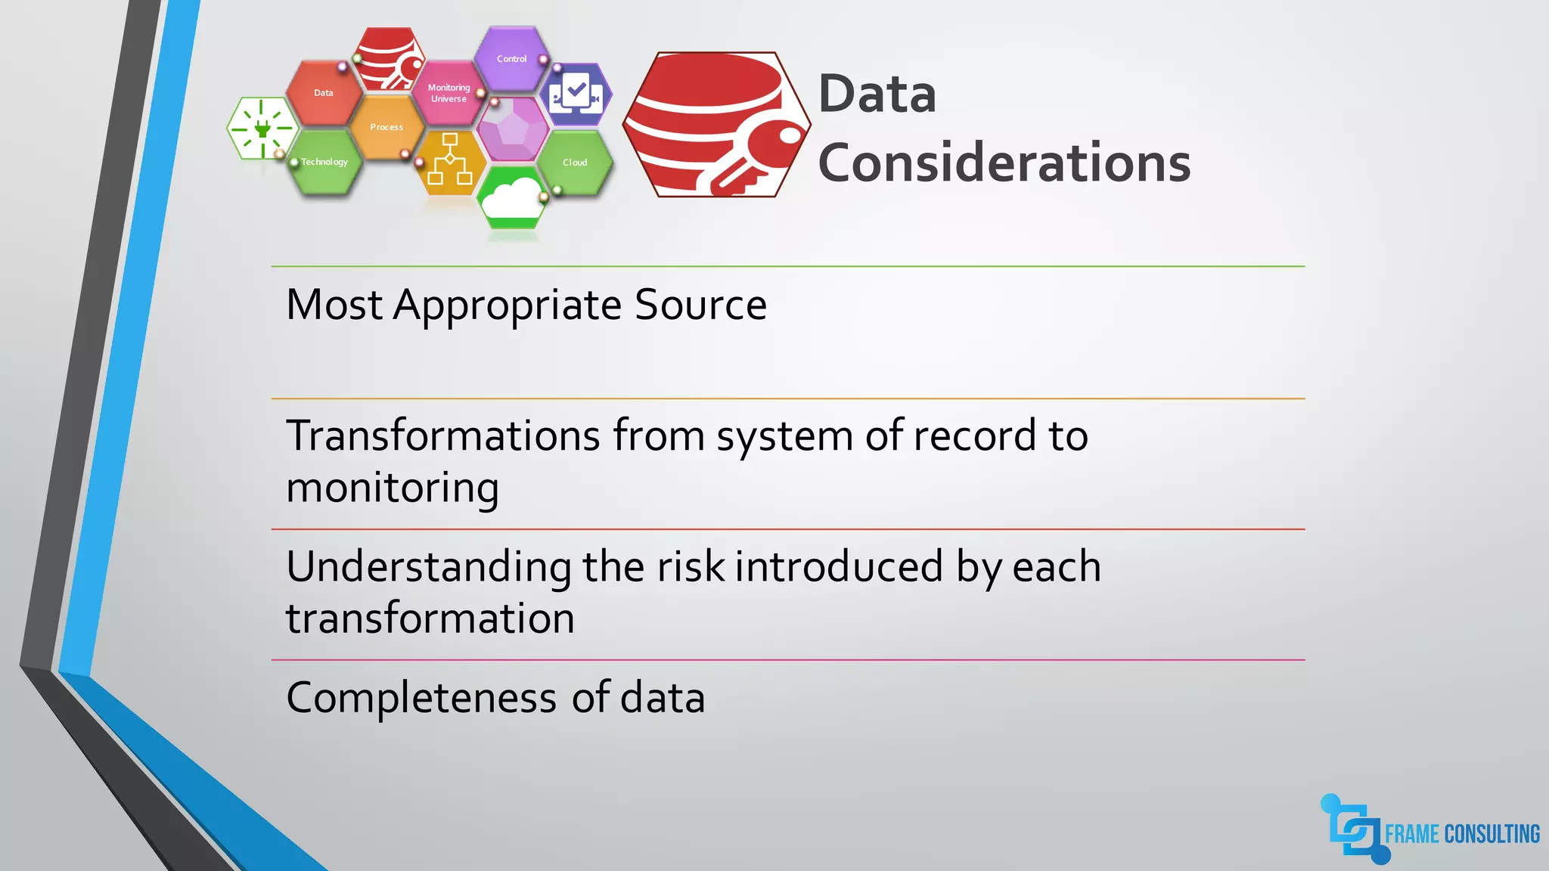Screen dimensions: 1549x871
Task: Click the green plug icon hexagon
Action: [262, 129]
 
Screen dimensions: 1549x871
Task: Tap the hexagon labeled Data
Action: [324, 93]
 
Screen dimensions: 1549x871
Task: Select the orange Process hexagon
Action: [386, 127]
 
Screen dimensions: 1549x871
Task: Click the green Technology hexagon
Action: [324, 162]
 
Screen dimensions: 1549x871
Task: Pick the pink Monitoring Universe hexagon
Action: [449, 93]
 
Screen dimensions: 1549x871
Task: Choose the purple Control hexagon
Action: [512, 59]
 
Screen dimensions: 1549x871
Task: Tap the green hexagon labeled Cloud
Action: [575, 163]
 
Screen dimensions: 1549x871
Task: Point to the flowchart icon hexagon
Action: [450, 160]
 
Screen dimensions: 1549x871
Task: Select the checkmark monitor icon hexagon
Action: [576, 95]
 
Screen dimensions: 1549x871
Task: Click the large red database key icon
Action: [716, 125]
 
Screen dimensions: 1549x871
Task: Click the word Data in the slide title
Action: [877, 95]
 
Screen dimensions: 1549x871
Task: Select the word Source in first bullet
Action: [700, 305]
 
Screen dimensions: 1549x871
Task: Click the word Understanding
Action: [429, 567]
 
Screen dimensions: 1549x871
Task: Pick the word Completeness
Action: [421, 698]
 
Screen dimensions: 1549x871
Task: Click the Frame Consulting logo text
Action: [1461, 834]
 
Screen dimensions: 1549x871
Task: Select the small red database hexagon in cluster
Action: [388, 59]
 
